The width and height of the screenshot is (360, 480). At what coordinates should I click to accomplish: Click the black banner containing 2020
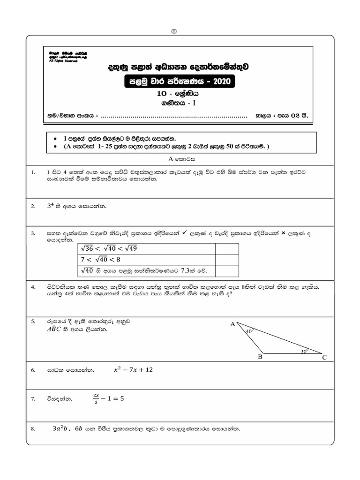[179, 82]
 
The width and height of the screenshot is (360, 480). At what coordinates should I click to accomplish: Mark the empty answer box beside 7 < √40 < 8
[227, 260]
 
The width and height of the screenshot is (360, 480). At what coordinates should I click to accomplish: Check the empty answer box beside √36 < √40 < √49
[227, 248]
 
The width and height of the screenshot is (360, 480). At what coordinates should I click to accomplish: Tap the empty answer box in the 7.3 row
[227, 271]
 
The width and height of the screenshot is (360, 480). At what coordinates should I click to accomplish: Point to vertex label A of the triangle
[232, 324]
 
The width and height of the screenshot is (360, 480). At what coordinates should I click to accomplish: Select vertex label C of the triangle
[324, 358]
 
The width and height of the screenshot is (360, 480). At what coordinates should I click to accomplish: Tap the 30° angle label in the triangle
[304, 350]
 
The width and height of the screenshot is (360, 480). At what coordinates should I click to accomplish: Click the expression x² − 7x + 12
[133, 370]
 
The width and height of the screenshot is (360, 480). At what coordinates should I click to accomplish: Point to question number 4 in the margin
[33, 286]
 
